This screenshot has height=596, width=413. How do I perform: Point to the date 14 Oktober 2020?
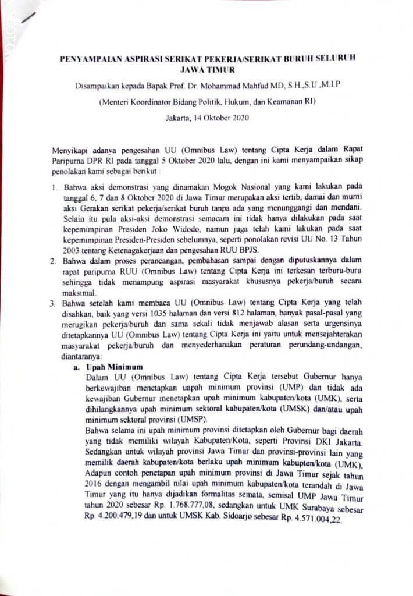(222, 118)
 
